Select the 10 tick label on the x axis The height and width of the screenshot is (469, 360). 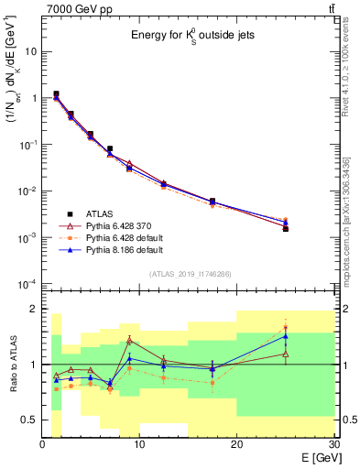point(139,444)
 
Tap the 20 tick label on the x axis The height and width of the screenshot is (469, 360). point(236,444)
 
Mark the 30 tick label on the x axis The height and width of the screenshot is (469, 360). point(333,444)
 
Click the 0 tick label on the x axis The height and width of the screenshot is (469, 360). point(43,444)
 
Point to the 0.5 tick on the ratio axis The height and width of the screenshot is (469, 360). point(31,420)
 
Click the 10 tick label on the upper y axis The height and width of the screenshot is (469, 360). point(31,51)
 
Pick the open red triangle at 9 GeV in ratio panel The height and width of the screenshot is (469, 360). point(130,340)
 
